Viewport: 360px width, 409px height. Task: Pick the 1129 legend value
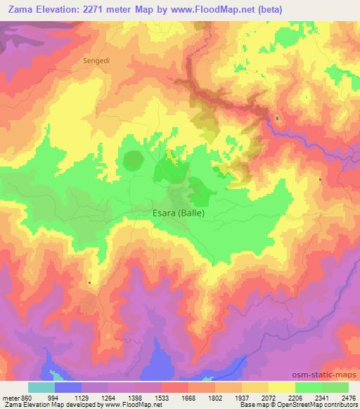pyautogui.click(x=82, y=397)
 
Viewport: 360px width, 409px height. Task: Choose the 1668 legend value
pyautogui.click(x=188, y=397)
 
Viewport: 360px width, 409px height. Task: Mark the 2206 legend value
pyautogui.click(x=295, y=397)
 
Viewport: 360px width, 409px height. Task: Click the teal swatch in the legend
pyautogui.click(x=41, y=387)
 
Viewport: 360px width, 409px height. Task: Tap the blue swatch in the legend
pyautogui.click(x=68, y=387)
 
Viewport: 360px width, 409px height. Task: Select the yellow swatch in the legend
pyautogui.click(x=281, y=387)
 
